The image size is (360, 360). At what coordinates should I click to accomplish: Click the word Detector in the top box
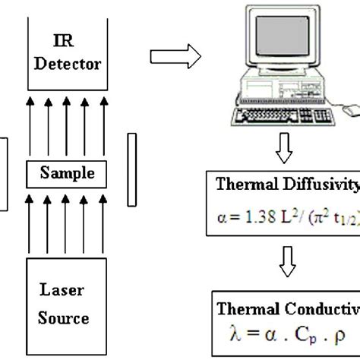pyautogui.click(x=68, y=64)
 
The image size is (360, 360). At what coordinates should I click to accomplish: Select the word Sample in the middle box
pyautogui.click(x=68, y=173)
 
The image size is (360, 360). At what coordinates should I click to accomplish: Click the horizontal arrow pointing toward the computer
pyautogui.click(x=175, y=55)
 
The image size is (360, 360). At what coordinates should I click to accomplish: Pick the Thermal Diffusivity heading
pyautogui.click(x=287, y=183)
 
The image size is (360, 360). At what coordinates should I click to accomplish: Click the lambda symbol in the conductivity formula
pyautogui.click(x=234, y=332)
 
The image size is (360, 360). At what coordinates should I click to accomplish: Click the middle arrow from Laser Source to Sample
pyautogui.click(x=68, y=223)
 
